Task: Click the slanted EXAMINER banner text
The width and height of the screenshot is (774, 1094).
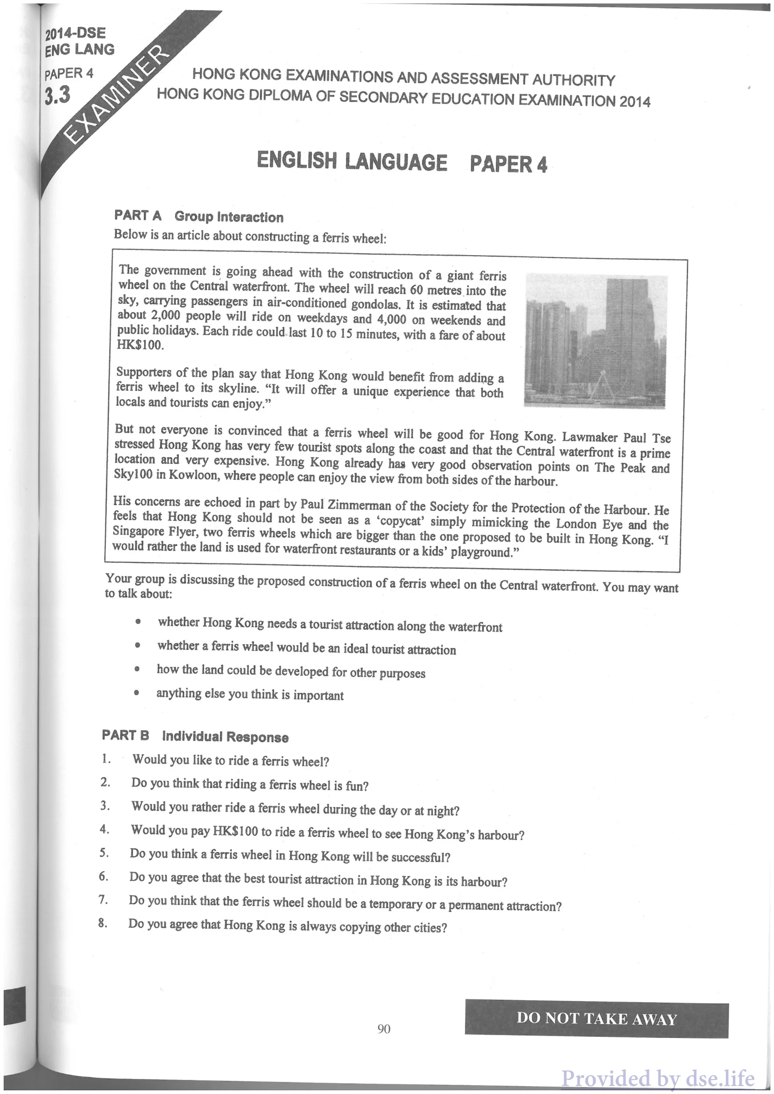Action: pos(116,95)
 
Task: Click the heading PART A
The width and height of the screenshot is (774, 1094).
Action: pos(138,215)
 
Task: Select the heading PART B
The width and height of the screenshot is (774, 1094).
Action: pos(125,735)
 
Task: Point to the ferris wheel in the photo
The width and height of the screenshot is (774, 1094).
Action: pos(598,374)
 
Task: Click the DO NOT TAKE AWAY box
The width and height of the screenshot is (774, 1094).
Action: pos(596,1019)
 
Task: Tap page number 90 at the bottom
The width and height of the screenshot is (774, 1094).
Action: pos(383,1029)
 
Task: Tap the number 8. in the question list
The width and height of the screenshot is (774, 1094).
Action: pos(103,923)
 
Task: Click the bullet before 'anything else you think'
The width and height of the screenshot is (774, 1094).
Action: pos(137,693)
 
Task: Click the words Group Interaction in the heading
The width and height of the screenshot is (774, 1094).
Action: pos(229,217)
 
